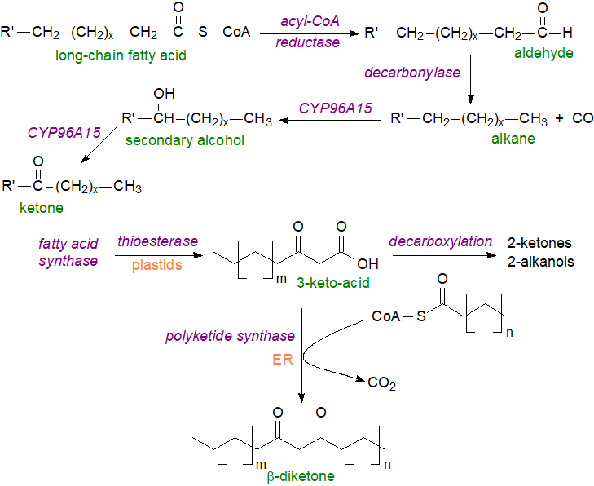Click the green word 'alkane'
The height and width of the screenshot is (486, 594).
[513, 139]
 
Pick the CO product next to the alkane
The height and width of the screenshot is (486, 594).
[583, 118]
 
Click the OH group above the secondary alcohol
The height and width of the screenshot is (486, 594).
[164, 93]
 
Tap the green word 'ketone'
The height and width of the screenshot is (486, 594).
[40, 208]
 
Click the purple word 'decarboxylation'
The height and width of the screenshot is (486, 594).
[440, 241]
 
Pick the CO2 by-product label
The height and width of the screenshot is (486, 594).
[380, 383]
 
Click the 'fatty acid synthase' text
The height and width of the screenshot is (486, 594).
[68, 252]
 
